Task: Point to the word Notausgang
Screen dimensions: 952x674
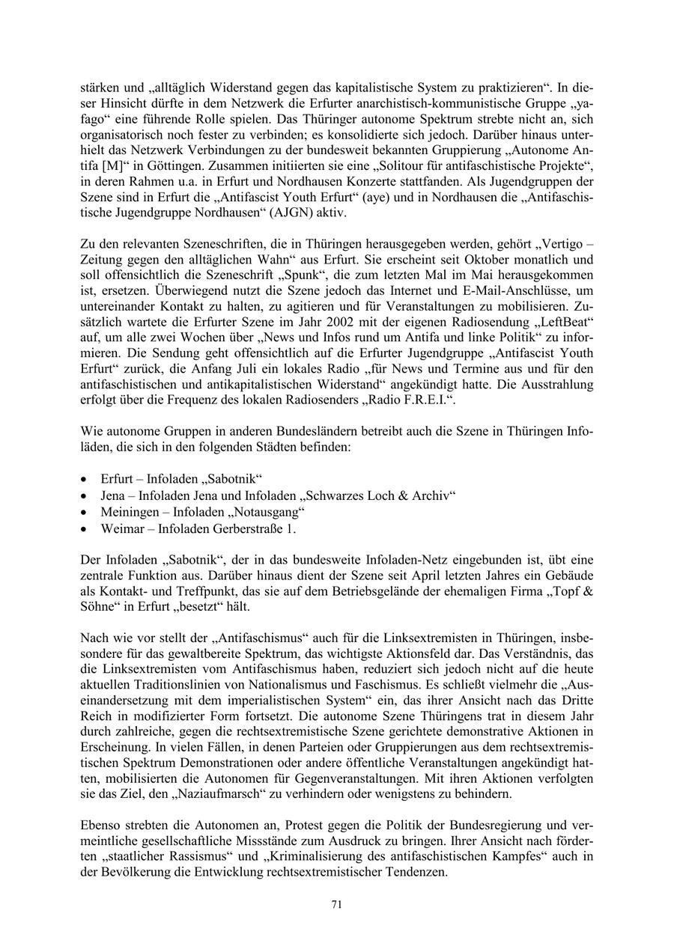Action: [266, 513]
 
